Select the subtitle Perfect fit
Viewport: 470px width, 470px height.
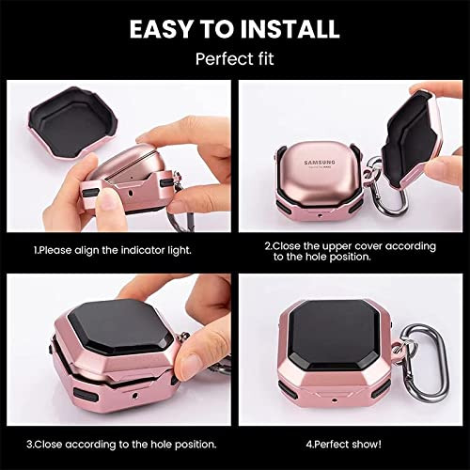point(234,58)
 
